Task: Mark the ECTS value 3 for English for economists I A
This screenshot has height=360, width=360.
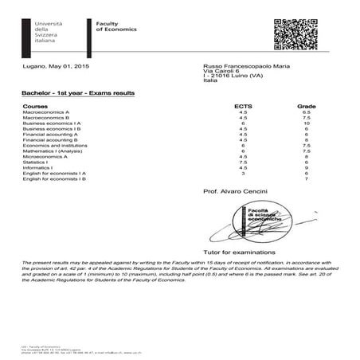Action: [x=243, y=174]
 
